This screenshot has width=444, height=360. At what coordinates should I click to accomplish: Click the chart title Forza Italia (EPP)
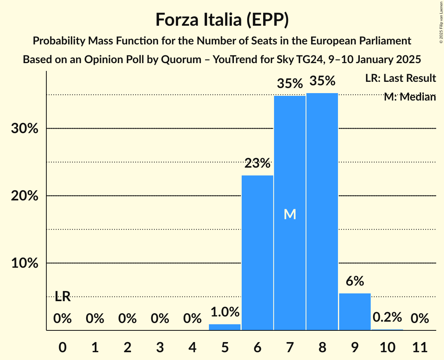[222, 19]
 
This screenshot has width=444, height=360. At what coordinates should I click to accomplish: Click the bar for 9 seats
[355, 311]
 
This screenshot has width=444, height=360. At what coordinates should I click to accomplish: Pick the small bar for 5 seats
[225, 327]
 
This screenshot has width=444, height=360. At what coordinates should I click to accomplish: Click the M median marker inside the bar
[290, 214]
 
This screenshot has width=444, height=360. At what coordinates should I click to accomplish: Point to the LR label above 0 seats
[62, 296]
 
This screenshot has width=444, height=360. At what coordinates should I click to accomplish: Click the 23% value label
[257, 163]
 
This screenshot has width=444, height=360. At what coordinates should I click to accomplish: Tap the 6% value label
[355, 281]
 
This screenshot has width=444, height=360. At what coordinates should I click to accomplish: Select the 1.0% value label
[225, 312]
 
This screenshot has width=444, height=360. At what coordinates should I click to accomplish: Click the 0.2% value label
[387, 317]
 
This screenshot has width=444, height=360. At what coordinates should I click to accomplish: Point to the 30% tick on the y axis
[25, 129]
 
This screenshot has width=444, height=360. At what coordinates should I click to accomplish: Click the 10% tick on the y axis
[25, 263]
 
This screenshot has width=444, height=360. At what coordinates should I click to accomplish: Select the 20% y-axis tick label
[25, 196]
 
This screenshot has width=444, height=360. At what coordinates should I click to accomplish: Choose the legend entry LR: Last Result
[400, 78]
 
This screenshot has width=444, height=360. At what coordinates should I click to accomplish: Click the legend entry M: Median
[409, 97]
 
